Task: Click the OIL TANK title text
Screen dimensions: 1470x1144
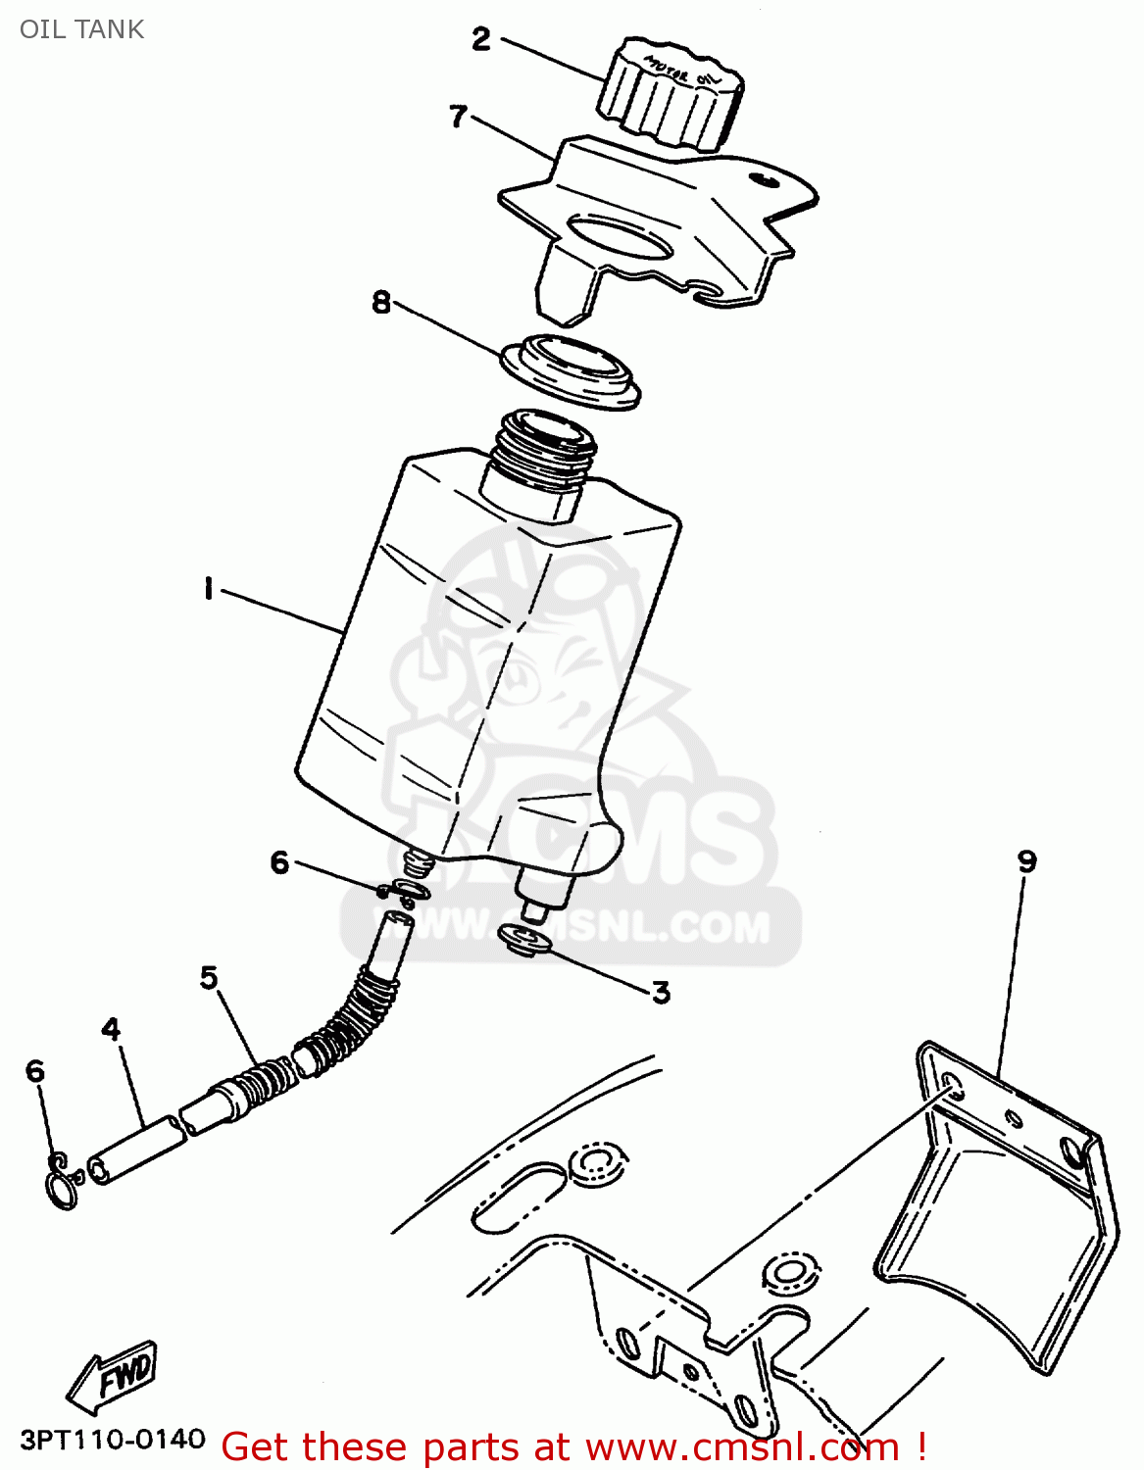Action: tap(81, 29)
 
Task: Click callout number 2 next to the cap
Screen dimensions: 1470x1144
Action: tap(481, 39)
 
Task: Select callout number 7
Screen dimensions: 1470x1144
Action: tap(458, 117)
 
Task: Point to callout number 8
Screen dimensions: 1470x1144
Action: tap(381, 302)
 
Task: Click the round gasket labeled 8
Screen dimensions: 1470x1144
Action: tap(571, 369)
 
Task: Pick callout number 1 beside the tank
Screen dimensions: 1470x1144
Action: tap(208, 589)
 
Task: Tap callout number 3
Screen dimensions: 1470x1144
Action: tap(662, 993)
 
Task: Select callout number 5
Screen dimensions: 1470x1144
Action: tap(209, 977)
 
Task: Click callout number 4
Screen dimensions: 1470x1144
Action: tap(112, 1029)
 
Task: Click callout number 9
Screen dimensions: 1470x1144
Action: tap(1026, 861)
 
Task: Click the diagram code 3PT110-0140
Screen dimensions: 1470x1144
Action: tap(113, 1440)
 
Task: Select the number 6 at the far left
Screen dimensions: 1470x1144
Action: tap(35, 1070)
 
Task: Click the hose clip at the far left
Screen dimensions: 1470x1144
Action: tap(62, 1183)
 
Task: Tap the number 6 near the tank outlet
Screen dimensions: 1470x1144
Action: tap(280, 861)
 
